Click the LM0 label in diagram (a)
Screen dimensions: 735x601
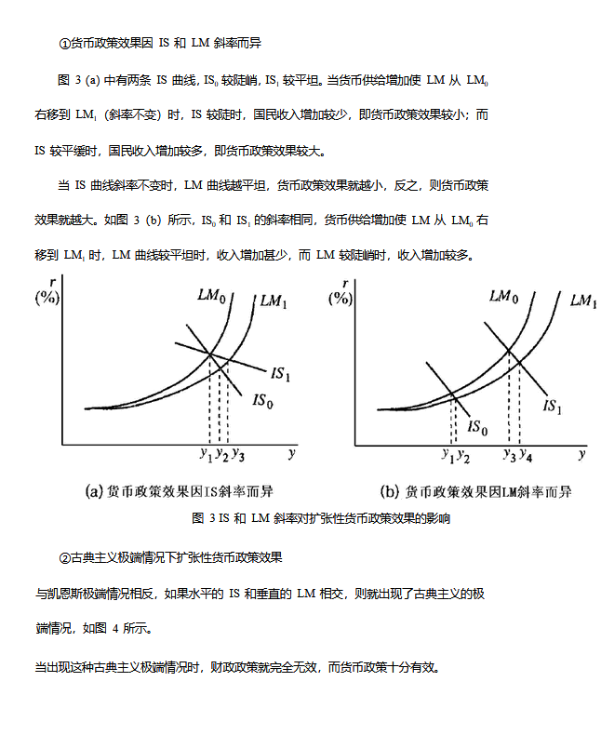pyautogui.click(x=211, y=296)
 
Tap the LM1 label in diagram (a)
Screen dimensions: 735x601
pyautogui.click(x=274, y=301)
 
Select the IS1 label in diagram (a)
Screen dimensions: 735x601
pyautogui.click(x=282, y=375)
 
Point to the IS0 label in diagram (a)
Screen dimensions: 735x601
pyautogui.click(x=264, y=402)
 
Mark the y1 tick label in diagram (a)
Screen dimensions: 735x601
pyautogui.click(x=205, y=454)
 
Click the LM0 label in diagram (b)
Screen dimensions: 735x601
pyautogui.click(x=503, y=296)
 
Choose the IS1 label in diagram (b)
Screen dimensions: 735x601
pyautogui.click(x=554, y=407)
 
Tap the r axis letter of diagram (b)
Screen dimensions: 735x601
pyautogui.click(x=345, y=283)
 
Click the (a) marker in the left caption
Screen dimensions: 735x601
pyautogui.click(x=93, y=490)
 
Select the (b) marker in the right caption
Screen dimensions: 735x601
pyautogui.click(x=390, y=490)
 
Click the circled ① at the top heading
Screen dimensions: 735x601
pyautogui.click(x=64, y=44)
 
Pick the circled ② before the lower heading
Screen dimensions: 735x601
pyautogui.click(x=64, y=557)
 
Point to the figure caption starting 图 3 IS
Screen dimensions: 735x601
pyautogui.click(x=321, y=518)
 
